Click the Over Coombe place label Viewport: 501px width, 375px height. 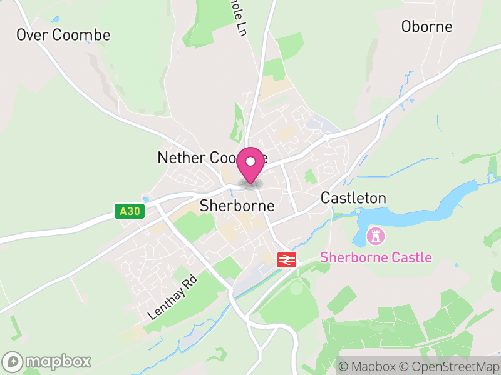point(63,35)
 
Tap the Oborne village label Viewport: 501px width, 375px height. point(426,27)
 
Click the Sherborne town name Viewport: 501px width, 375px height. point(237,206)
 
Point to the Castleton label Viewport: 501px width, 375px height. point(353,198)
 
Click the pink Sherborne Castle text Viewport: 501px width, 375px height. point(376,257)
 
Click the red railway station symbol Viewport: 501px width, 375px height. point(287,259)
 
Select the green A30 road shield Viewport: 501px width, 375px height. point(130,211)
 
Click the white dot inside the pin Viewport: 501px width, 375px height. point(251,161)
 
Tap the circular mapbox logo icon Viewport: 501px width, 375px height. point(13,361)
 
